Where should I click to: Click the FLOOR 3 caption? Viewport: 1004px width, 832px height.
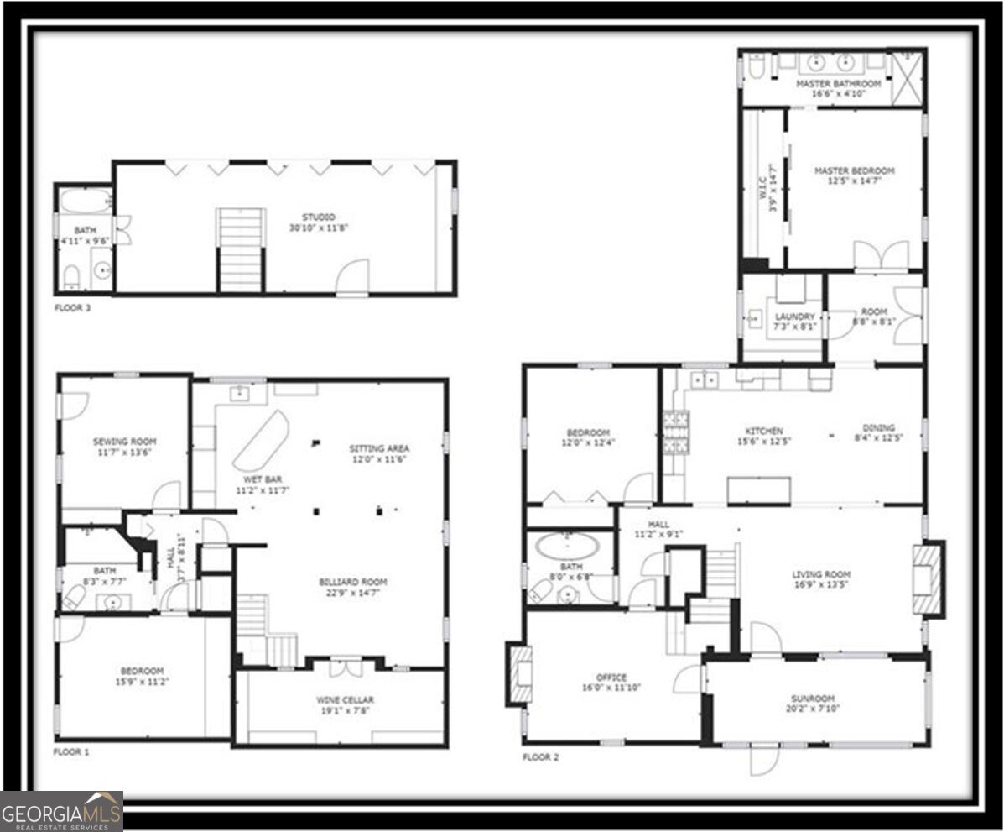[x=72, y=308]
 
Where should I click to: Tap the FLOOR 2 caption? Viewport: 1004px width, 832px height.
[x=540, y=757]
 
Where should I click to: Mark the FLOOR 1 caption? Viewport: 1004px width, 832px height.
[x=71, y=752]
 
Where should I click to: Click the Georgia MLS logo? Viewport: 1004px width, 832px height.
[x=62, y=811]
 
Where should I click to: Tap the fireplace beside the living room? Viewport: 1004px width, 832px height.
[x=928, y=579]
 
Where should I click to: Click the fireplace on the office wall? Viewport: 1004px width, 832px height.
[x=521, y=673]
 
